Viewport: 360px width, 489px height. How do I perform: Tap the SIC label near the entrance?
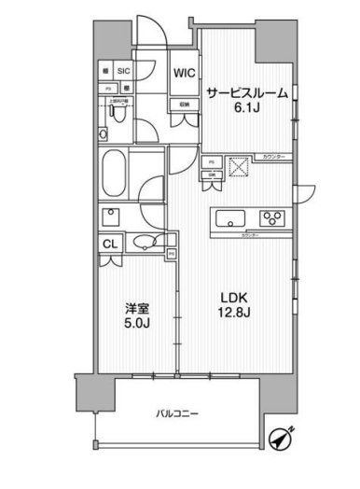point(124,70)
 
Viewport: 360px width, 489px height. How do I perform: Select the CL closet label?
point(109,244)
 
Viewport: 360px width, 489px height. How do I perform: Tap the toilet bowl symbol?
point(113,112)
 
